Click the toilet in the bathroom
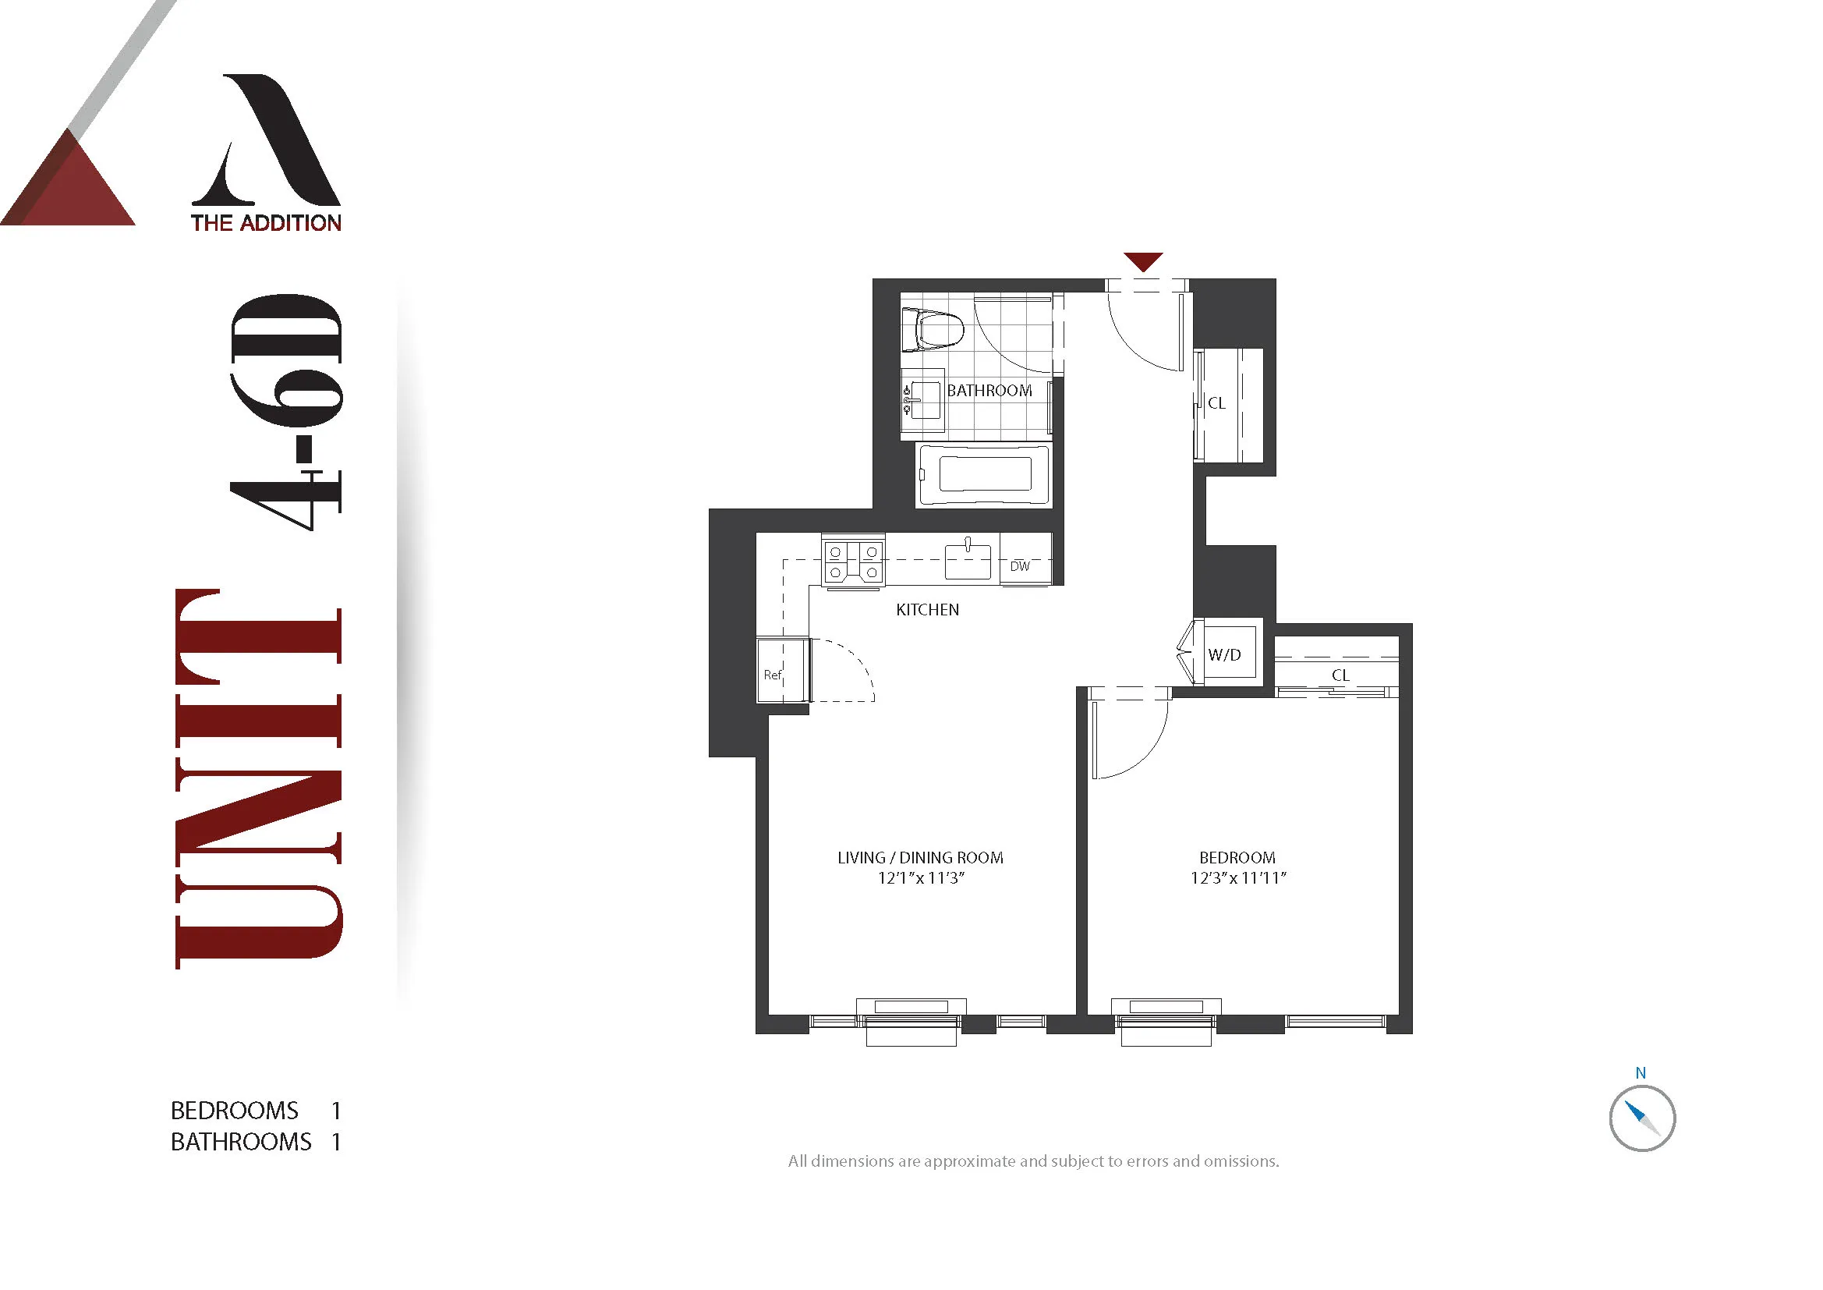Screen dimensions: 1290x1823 pos(935,330)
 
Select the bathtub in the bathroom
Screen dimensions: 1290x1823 pos(984,475)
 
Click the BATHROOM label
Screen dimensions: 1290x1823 pos(989,391)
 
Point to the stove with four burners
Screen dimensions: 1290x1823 pos(854,562)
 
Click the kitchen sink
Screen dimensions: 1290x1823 pos(968,561)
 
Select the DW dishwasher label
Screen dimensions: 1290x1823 pos(1021,566)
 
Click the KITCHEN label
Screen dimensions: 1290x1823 pos(927,610)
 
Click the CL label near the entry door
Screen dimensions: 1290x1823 pos(1216,403)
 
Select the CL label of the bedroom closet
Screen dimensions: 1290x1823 pos(1340,675)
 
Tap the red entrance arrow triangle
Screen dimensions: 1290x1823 pos(1143,260)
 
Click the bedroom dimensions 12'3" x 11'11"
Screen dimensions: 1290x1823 pos(1238,877)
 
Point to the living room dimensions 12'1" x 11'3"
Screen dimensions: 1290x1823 pos(921,877)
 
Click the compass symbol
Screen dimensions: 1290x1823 pos(1642,1118)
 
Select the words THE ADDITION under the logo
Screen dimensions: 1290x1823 pos(266,223)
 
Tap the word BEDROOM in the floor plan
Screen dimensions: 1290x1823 pos(1237,858)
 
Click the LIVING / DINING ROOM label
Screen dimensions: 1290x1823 pos(920,858)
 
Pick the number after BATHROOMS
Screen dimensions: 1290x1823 pos(337,1143)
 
